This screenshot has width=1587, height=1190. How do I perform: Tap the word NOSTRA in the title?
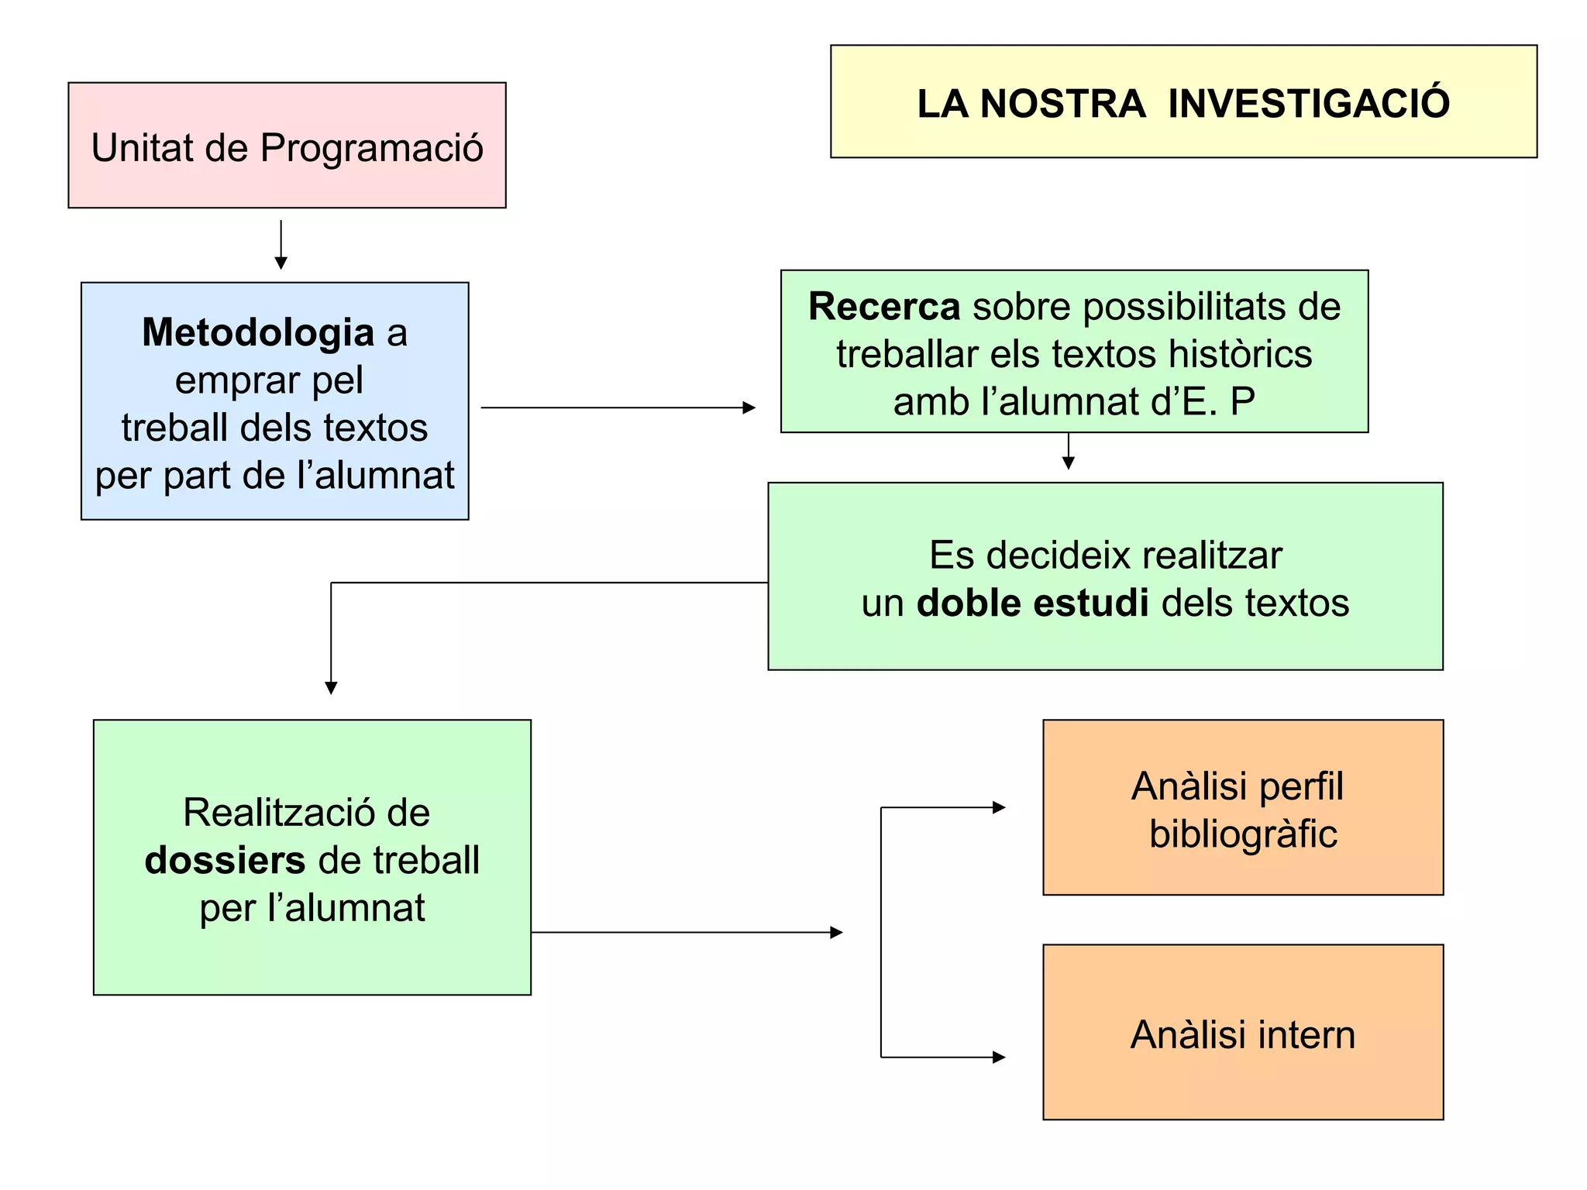tap(1062, 103)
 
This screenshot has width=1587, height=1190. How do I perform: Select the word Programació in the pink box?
tap(371, 147)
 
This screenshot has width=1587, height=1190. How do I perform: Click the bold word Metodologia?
tap(258, 332)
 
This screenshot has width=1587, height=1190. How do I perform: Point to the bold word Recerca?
tap(884, 306)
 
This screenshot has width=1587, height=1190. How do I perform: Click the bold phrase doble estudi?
tap(1032, 603)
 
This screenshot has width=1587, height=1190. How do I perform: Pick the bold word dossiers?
tap(225, 860)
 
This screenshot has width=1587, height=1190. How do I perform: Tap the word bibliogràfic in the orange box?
tap(1243, 834)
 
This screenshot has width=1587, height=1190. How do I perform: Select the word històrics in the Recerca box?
tap(1240, 354)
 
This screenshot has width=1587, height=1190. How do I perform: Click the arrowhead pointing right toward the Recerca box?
tap(749, 408)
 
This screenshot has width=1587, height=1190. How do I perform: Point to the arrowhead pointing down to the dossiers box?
tap(331, 688)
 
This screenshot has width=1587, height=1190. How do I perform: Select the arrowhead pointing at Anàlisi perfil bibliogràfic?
tap(999, 807)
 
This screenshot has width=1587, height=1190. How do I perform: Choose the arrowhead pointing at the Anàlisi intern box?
tap(999, 1057)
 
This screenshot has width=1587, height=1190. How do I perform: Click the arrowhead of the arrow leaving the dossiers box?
tap(836, 932)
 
